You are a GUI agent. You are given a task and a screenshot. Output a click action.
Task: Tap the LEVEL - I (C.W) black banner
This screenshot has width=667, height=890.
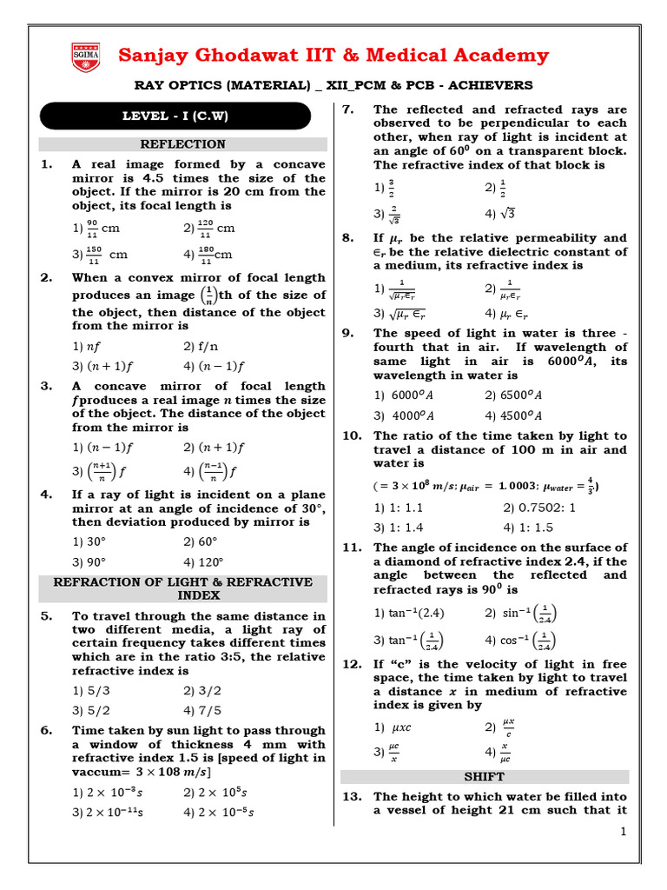pos(175,116)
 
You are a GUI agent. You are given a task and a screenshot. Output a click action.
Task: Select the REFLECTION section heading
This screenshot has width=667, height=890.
pos(183,144)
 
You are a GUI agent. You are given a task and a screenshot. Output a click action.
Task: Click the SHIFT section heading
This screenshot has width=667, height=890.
pos(485,776)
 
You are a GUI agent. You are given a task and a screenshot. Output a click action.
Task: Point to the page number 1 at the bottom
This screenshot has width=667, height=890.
pos(623,832)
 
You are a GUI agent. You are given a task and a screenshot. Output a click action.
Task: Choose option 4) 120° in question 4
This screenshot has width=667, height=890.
pos(204,562)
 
